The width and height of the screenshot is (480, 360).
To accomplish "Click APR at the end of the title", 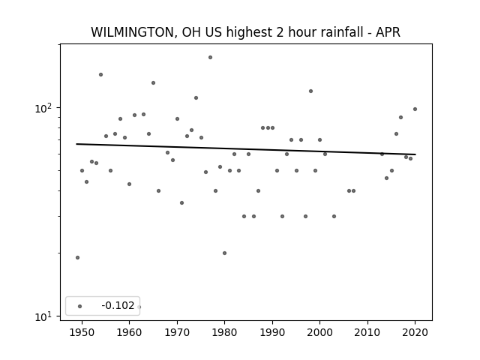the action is pyautogui.click(x=388, y=32).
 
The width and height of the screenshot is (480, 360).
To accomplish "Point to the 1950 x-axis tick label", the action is pyautogui.click(x=82, y=332).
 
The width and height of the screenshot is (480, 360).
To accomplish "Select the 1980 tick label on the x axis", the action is pyautogui.click(x=225, y=332).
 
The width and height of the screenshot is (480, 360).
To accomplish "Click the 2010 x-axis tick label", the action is pyautogui.click(x=367, y=332).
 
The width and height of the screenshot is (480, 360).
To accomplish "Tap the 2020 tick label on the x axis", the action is pyautogui.click(x=415, y=332).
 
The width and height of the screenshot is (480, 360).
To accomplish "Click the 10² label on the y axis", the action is pyautogui.click(x=43, y=108).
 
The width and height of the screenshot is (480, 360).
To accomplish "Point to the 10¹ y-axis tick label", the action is pyautogui.click(x=43, y=316).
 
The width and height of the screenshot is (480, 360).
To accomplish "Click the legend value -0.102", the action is pyautogui.click(x=118, y=305).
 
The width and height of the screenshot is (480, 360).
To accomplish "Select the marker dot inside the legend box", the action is pyautogui.click(x=80, y=306).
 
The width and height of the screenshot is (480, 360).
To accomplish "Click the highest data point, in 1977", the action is pyautogui.click(x=210, y=57).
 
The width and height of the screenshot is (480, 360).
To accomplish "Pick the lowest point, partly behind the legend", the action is pyautogui.click(x=139, y=307).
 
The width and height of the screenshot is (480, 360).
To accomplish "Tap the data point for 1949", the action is pyautogui.click(x=77, y=257).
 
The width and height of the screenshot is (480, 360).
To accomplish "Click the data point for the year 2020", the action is pyautogui.click(x=415, y=109).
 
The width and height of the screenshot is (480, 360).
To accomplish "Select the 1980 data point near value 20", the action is pyautogui.click(x=224, y=253).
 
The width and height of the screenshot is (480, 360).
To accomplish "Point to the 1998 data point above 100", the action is pyautogui.click(x=310, y=91).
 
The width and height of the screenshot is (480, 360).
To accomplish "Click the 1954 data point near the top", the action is pyautogui.click(x=100, y=74).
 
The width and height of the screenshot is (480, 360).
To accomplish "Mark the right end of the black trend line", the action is pyautogui.click(x=415, y=154).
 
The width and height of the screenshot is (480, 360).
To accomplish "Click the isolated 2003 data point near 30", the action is pyautogui.click(x=334, y=217).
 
